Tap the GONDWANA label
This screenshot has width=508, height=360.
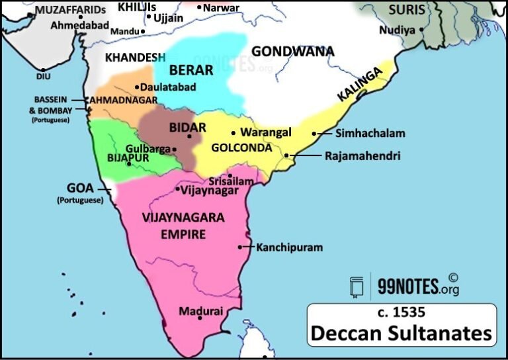(293, 51)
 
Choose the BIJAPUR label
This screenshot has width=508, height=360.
(128, 158)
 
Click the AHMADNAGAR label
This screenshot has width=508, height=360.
(124, 100)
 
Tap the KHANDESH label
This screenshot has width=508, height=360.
(135, 58)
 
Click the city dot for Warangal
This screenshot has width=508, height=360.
(233, 132)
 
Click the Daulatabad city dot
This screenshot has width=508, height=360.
(137, 87)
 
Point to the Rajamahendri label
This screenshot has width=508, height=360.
(362, 157)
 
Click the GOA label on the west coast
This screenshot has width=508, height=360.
(81, 187)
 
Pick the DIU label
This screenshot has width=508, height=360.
(43, 76)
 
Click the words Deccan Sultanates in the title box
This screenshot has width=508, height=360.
(401, 332)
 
